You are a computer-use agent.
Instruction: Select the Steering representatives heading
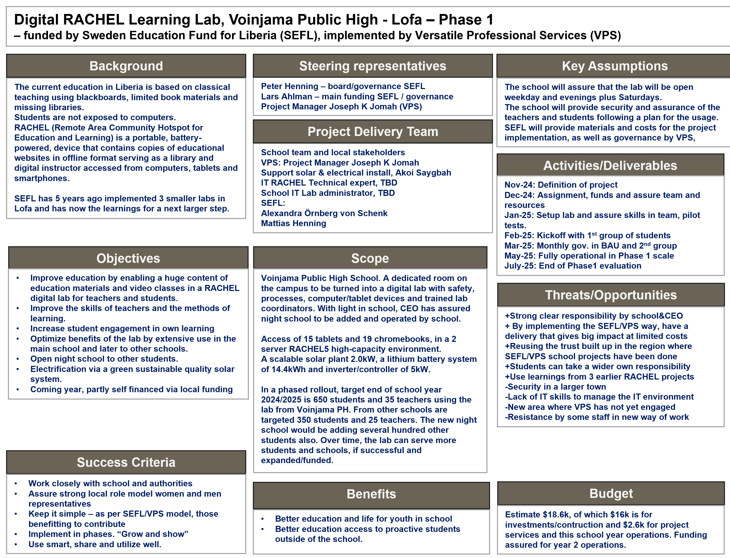[372, 66]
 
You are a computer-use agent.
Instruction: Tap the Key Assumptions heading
[615, 66]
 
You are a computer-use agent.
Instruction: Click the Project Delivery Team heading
[372, 132]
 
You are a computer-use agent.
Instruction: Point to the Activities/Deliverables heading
[610, 166]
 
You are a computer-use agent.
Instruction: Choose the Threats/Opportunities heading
[610, 295]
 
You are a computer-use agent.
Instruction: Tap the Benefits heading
[371, 494]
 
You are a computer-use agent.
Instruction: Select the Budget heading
[611, 494]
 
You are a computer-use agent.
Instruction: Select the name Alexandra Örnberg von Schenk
[324, 213]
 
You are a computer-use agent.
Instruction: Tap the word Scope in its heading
[370, 258]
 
